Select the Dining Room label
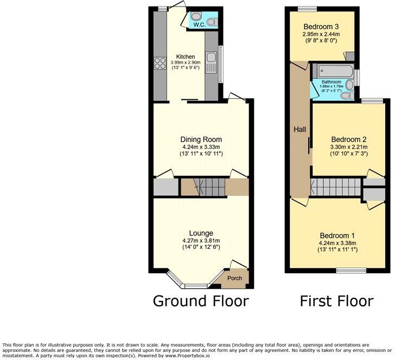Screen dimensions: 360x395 pos(201,139)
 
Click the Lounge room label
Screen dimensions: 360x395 pos(201,233)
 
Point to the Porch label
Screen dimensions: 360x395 pos(234,278)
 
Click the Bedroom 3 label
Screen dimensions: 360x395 pos(321,27)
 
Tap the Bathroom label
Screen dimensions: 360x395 pos(332,82)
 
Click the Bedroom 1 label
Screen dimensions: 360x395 pos(337,235)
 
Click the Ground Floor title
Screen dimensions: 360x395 pos(200,300)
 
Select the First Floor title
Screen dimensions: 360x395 pos(336,300)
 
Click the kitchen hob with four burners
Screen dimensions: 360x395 pos(160,63)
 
